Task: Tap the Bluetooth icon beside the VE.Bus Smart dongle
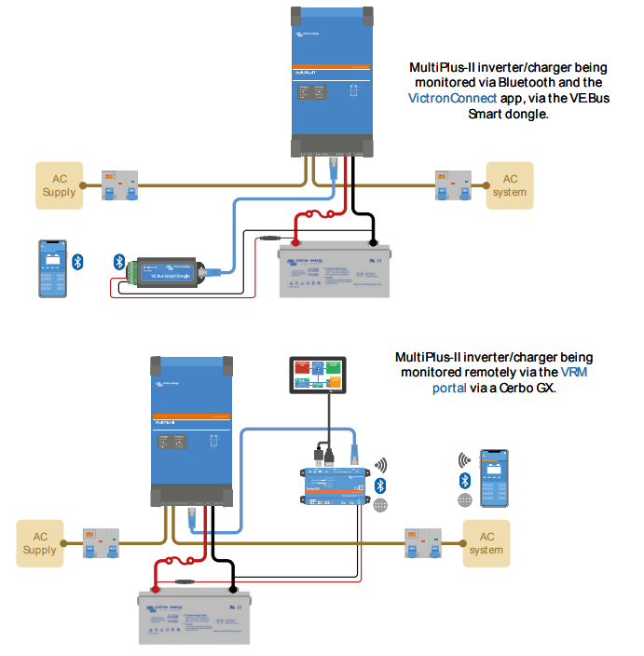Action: pyautogui.click(x=118, y=262)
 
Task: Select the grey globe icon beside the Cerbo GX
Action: pyautogui.click(x=379, y=504)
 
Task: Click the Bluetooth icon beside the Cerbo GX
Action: pyautogui.click(x=379, y=485)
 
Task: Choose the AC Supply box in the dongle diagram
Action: pyautogui.click(x=59, y=185)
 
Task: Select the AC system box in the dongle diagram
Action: pyautogui.click(x=510, y=185)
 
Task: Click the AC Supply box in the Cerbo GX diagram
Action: pyautogui.click(x=40, y=543)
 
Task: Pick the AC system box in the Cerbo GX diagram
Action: pyautogui.click(x=486, y=543)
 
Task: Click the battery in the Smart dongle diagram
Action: pyautogui.click(x=334, y=270)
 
